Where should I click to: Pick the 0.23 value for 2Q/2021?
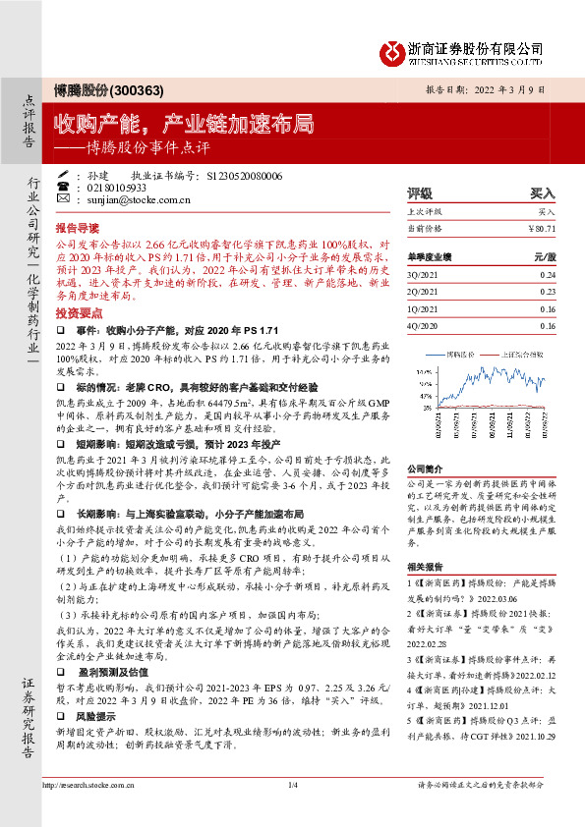point(548,292)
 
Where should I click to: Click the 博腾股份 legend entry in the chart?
point(461,351)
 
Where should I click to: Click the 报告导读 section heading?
point(78,224)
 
